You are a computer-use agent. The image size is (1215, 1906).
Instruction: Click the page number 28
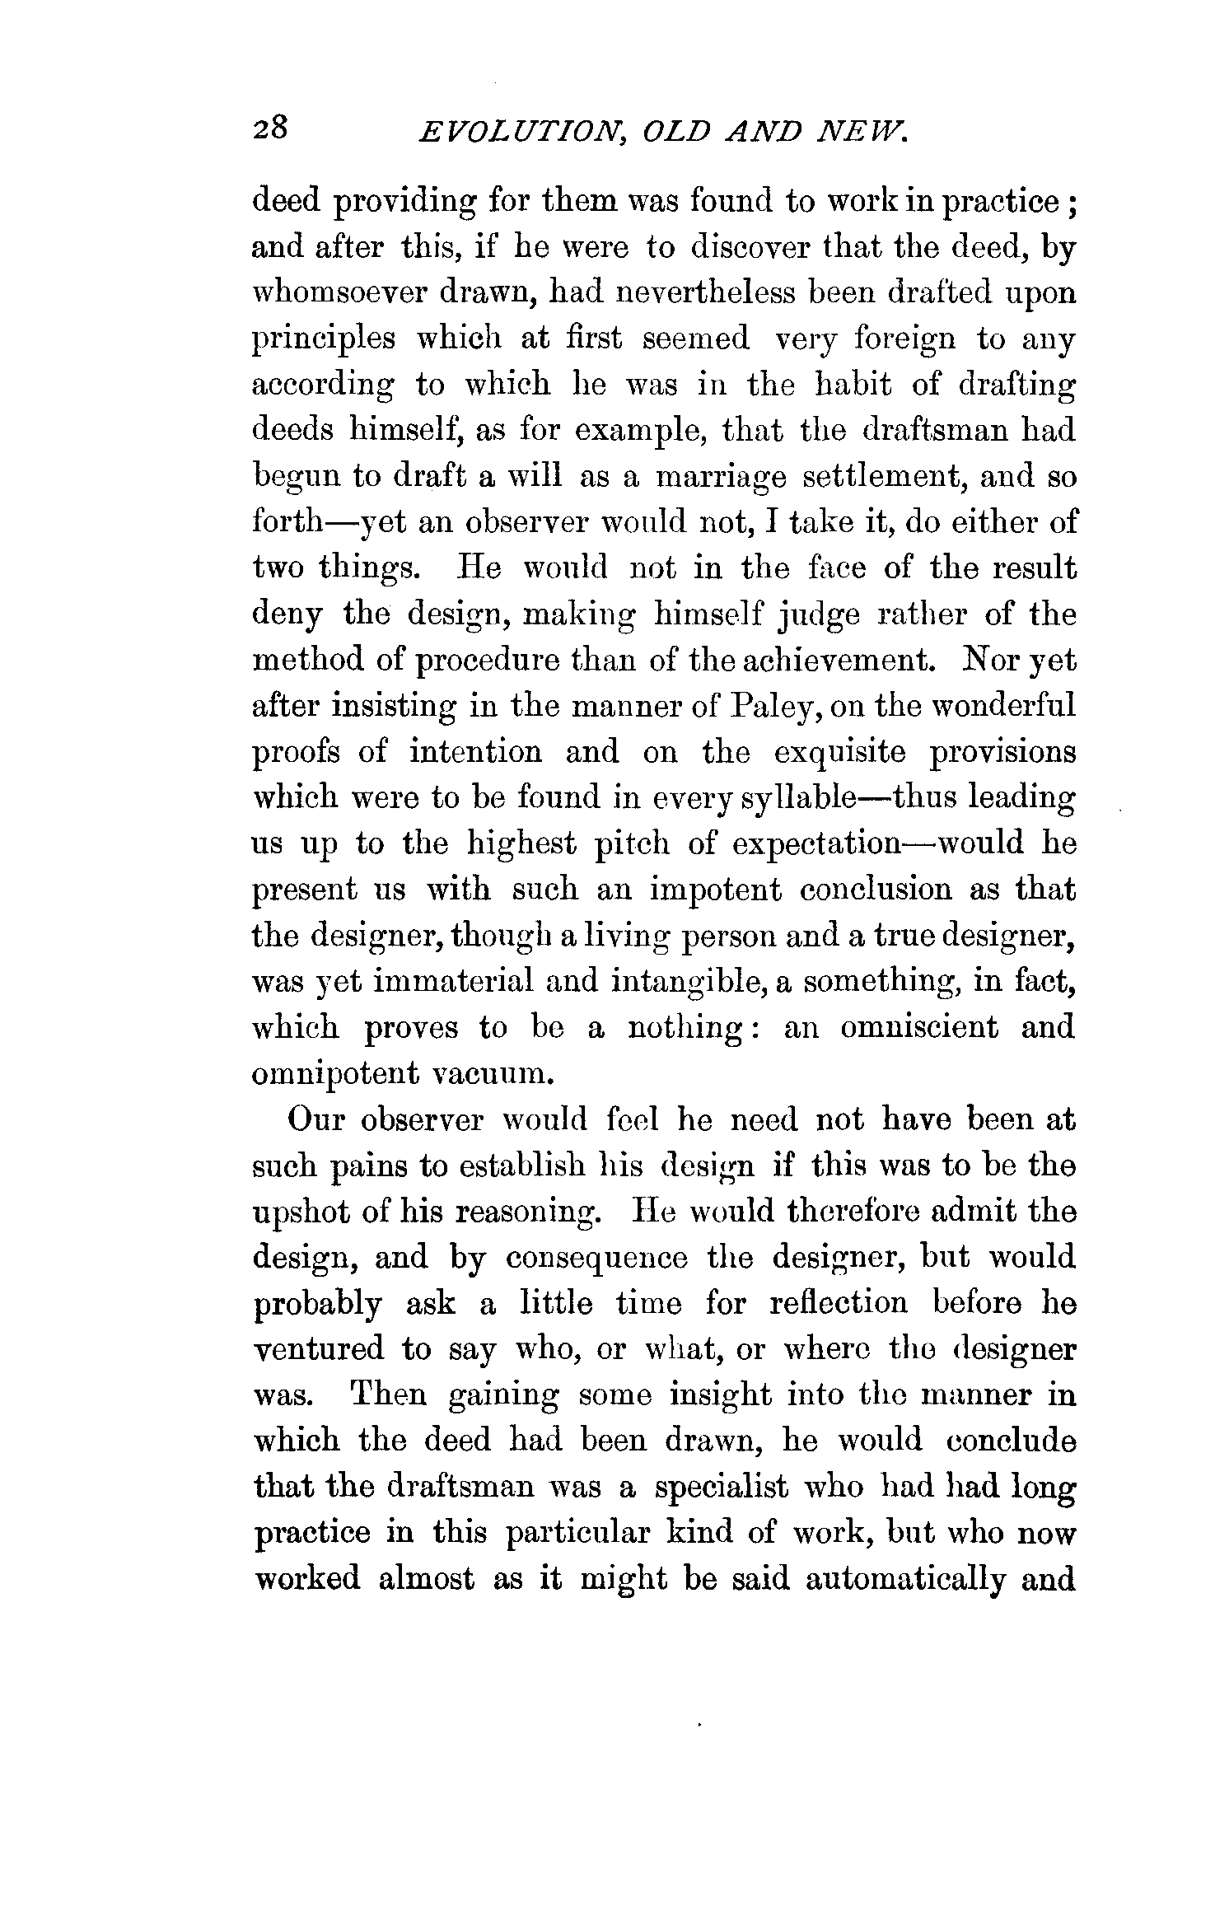coord(269,130)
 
